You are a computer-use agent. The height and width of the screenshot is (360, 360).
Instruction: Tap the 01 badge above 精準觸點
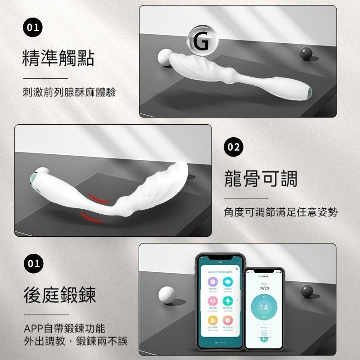[33, 28]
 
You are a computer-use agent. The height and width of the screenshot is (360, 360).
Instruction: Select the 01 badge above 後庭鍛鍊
[33, 263]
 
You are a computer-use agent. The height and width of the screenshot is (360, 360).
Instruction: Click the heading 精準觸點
[58, 58]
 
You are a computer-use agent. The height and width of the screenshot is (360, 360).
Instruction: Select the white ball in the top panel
[165, 58]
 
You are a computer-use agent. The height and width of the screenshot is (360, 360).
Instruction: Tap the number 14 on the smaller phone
[264, 307]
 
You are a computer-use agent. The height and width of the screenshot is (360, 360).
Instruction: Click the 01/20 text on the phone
[264, 288]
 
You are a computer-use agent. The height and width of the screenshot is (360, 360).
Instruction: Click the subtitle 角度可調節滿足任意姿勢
[281, 211]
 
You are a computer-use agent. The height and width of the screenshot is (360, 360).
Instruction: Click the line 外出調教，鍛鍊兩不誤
[76, 341]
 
